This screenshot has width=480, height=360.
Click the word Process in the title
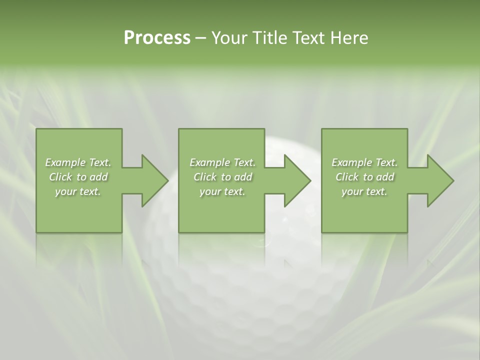point(157,38)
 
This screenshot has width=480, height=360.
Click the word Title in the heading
point(269,38)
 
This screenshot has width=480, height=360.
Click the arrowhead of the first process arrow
point(154,180)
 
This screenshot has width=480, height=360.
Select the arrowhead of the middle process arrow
point(297,180)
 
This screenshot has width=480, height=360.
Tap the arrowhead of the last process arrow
point(440,180)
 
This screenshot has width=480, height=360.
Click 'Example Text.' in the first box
point(78,162)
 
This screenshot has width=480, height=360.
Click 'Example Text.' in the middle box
point(222,162)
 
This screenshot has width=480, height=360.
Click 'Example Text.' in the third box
point(364,162)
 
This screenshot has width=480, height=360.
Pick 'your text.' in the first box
point(78,191)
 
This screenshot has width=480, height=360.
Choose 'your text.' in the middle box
point(222,191)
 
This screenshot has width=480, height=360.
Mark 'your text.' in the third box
point(364,191)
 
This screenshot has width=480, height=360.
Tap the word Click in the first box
point(60,177)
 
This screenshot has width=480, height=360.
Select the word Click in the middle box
point(205,177)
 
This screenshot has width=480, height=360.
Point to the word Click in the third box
point(347,177)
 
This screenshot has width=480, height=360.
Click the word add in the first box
point(98,177)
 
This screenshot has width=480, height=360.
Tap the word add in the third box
point(385,177)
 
